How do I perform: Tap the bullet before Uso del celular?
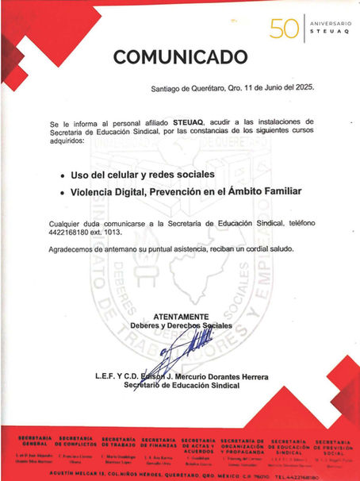point(63,173)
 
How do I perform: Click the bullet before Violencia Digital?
point(63,191)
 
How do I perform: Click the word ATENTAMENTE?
point(181,316)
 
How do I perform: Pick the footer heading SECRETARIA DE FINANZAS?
point(158,441)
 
